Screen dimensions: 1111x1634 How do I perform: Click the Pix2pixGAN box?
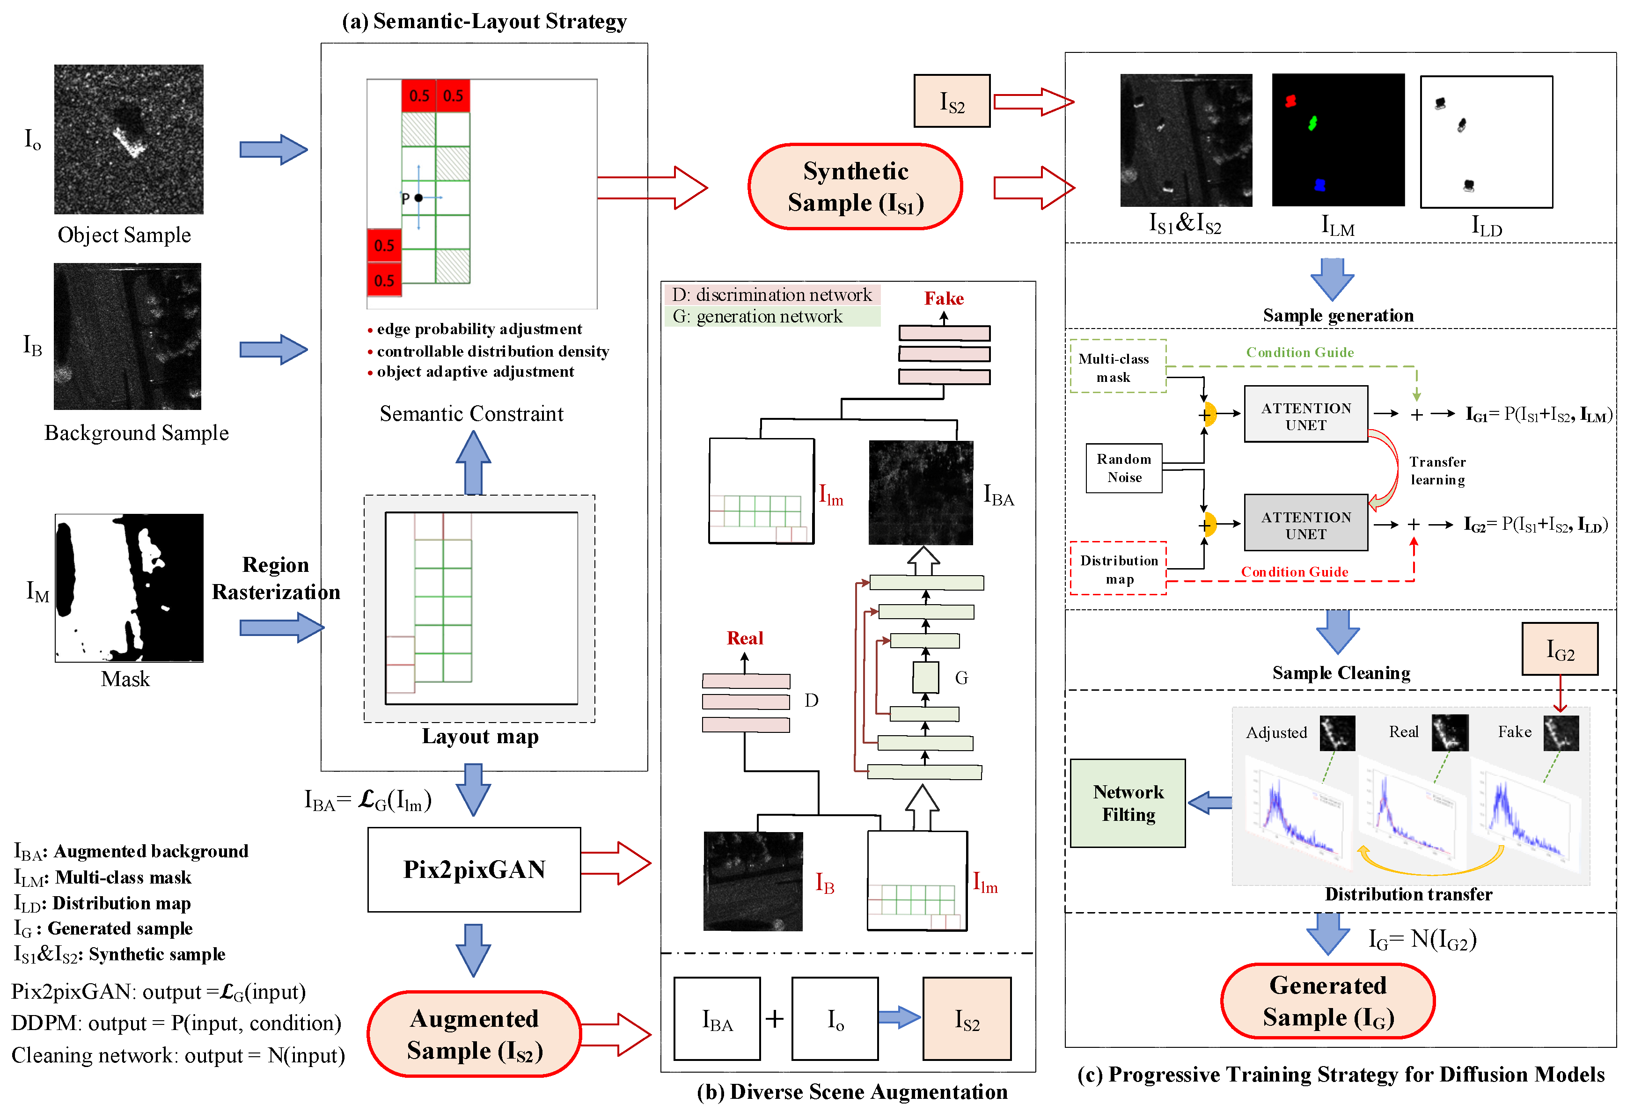pos(474,870)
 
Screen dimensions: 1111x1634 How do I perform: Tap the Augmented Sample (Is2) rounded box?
pos(474,1034)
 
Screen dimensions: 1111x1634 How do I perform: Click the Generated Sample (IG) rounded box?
pos(1327,1001)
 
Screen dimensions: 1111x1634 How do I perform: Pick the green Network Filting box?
pos(1128,803)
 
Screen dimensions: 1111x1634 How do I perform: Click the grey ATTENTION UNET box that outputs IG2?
pos(1305,524)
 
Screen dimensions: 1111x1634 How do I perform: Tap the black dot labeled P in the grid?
pos(418,198)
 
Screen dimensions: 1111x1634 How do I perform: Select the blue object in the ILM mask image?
pos(1320,185)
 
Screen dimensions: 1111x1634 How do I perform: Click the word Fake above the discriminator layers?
pos(944,299)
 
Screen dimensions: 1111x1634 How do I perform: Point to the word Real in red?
pos(745,638)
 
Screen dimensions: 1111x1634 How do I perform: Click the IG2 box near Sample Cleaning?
pos(1560,650)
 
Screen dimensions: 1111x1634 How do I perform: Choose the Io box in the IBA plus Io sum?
pos(835,1019)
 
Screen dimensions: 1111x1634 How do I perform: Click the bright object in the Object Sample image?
pos(129,141)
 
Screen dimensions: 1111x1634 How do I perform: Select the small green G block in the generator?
pos(925,678)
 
